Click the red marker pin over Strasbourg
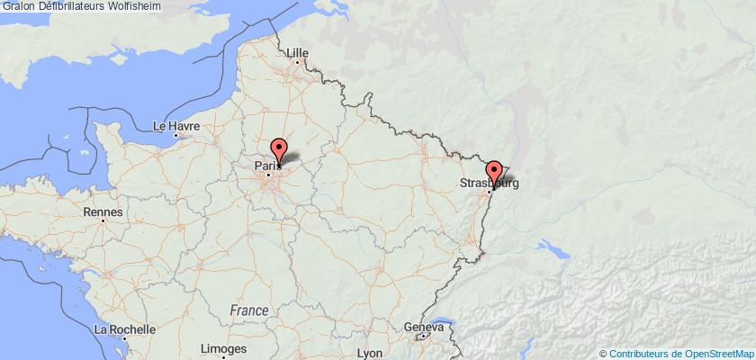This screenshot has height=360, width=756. [x=493, y=171]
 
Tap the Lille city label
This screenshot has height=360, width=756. [x=297, y=52]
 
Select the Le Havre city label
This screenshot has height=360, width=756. [x=175, y=126]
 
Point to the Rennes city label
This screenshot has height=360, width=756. [x=102, y=211]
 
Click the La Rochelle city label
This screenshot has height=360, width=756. [x=124, y=330]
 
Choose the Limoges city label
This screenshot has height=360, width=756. [x=224, y=348]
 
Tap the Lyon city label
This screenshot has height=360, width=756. [x=370, y=353]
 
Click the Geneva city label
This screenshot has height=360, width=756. [x=424, y=328]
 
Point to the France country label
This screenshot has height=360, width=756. [x=248, y=310]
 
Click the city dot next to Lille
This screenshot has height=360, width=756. [x=296, y=62]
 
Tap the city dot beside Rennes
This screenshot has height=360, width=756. [x=103, y=220]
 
